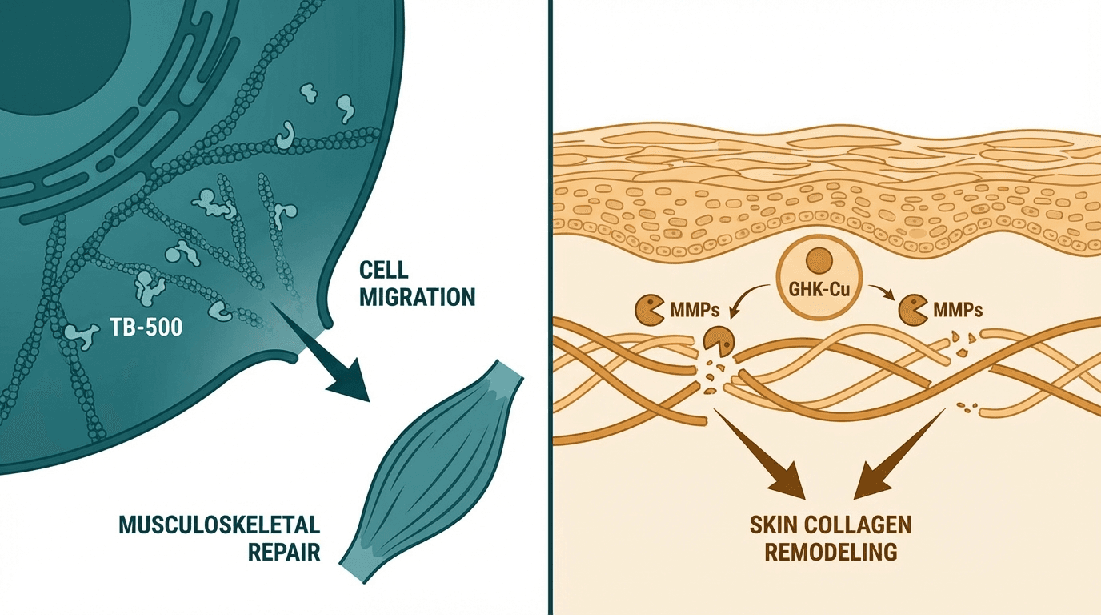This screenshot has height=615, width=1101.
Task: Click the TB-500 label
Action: pos(144,328)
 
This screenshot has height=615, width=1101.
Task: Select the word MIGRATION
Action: pos(417,298)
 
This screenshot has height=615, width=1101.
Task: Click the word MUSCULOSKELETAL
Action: pos(219,525)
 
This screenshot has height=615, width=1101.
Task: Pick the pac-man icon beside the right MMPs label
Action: pos(914,308)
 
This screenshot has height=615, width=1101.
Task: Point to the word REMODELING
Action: pos(830,553)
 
